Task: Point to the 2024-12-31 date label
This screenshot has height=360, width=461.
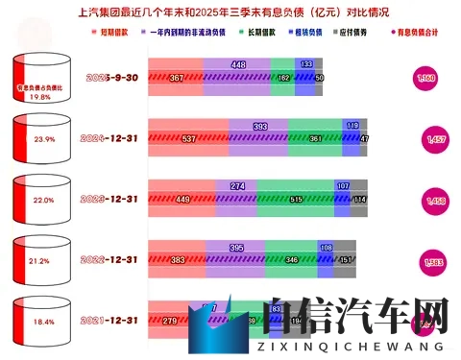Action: coord(108,137)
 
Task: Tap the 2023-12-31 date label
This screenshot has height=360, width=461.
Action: coord(108,199)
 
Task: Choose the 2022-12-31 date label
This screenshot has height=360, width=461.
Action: coord(108,259)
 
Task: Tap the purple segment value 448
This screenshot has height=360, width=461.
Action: coord(239,64)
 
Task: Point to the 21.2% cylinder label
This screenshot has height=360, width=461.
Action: coord(39,259)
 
